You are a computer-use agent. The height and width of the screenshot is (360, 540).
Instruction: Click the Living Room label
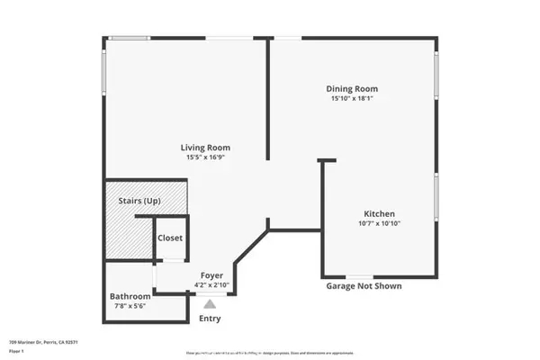point(207,148)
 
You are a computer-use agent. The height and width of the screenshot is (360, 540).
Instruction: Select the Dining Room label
point(351,89)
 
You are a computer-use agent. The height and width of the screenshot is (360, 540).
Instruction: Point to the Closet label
point(170,238)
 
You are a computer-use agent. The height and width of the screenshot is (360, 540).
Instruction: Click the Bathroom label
point(129,296)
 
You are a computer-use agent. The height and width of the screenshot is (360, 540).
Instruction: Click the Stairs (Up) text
point(139,202)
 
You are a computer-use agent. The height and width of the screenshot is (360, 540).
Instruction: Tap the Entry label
point(209,318)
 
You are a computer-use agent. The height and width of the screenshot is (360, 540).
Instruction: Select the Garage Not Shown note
point(364,286)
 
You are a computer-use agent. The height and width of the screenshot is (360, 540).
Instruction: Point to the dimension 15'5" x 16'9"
point(207,158)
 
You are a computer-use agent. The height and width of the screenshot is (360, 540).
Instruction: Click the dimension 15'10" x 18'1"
point(351,99)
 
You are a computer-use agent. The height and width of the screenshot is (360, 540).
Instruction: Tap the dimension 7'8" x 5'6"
point(129,306)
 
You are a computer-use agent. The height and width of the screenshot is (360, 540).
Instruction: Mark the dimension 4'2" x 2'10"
point(212,285)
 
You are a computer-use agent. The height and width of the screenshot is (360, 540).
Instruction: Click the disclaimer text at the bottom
point(269,354)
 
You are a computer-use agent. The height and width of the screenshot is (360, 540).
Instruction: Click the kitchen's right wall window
point(436,198)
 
